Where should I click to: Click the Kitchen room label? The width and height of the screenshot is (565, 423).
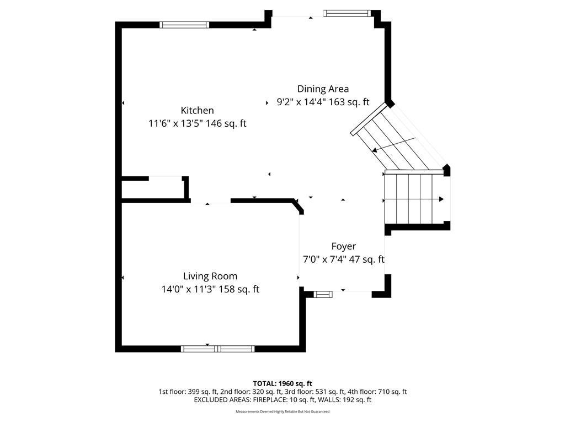pyautogui.click(x=197, y=110)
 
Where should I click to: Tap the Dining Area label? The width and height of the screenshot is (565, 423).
pyautogui.click(x=323, y=89)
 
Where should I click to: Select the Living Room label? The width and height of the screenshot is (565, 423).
pyautogui.click(x=210, y=276)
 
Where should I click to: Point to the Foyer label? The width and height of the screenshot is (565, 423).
pyautogui.click(x=343, y=246)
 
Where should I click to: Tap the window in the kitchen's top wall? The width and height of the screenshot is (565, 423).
pyautogui.click(x=184, y=25)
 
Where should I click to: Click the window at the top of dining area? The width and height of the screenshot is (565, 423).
pyautogui.click(x=347, y=13)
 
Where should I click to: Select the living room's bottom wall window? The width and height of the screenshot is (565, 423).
pyautogui.click(x=217, y=349)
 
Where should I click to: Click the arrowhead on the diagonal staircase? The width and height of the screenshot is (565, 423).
pyautogui.click(x=375, y=149)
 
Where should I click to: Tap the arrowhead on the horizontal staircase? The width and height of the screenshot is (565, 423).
pyautogui.click(x=441, y=199)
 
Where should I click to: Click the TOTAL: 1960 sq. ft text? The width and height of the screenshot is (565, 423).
pyautogui.click(x=282, y=383)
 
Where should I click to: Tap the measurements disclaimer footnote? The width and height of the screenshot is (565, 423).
pyautogui.click(x=282, y=411)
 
